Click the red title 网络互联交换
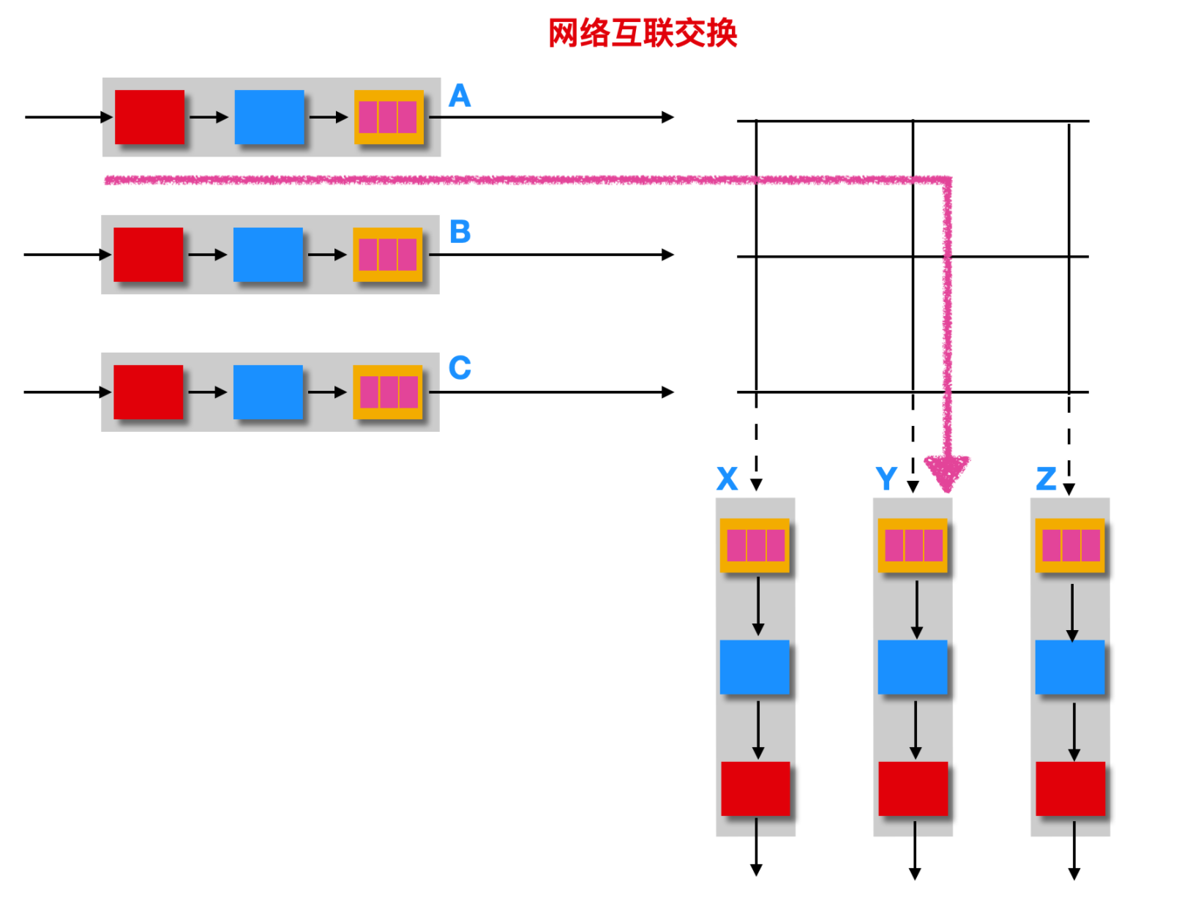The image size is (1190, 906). (x=643, y=33)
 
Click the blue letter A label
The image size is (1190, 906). (x=460, y=96)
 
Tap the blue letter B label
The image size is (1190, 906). (x=460, y=232)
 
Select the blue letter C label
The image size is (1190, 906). (x=460, y=368)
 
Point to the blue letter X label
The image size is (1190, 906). (x=727, y=479)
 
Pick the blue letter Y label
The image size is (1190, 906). (x=886, y=479)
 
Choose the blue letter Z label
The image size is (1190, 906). (x=1046, y=479)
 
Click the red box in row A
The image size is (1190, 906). (x=149, y=117)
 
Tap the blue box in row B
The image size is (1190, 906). (x=268, y=255)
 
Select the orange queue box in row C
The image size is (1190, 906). (x=388, y=392)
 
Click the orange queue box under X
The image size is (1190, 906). (x=755, y=545)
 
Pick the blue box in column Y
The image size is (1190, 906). (x=913, y=667)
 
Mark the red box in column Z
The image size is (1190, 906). (x=1070, y=789)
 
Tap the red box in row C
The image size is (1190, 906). (x=149, y=392)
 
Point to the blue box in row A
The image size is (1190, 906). (x=269, y=117)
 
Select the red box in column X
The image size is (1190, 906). (x=755, y=789)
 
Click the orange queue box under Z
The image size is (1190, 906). (x=1070, y=545)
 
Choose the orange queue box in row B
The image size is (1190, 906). (x=388, y=255)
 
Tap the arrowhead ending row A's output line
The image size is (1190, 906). (x=667, y=117)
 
